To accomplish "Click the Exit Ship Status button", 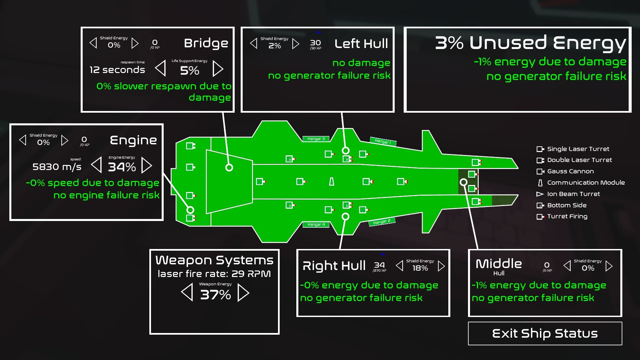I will coord(545,333).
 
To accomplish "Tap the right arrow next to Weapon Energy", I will coord(243,293).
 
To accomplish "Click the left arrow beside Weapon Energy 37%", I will coord(187,293).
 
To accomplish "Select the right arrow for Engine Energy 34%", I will coord(146,165).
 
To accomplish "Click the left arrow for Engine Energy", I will coord(97,165).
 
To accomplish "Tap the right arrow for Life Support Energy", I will coord(218,69).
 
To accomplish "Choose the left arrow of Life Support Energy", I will coord(161,69).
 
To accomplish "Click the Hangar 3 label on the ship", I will coord(316,139).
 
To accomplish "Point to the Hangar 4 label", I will coord(316,224).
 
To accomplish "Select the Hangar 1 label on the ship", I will coord(383,141).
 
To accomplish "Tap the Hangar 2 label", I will coord(382,222).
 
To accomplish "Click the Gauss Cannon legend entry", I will coord(570,171).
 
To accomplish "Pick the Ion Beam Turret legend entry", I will coord(573,194).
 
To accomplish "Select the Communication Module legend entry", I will coord(585,183).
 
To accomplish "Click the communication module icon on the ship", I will coord(331,182).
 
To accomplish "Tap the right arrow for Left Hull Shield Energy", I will coord(295,44).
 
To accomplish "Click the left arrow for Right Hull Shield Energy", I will coord(399,266).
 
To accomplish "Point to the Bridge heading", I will coord(206,43).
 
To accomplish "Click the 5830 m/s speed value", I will coord(57,167).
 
